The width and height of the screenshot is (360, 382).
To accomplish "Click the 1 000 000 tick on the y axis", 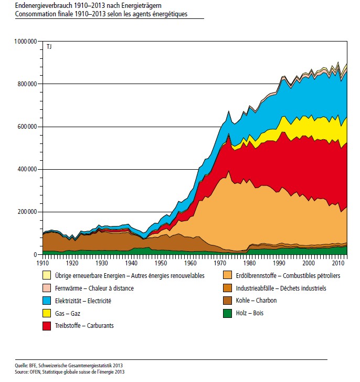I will (x=25, y=41).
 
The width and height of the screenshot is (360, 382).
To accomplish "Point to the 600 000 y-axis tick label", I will (x=27, y=127).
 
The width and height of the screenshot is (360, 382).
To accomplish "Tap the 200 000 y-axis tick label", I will (x=27, y=212).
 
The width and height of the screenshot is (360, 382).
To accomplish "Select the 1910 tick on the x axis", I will (x=43, y=262).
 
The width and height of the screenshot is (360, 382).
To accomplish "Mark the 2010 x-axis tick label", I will (x=339, y=262).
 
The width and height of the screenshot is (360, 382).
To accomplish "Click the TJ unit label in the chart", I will (x=49, y=47).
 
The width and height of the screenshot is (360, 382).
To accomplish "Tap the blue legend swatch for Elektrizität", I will (x=47, y=301).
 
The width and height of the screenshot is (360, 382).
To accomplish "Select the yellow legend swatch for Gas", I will (x=47, y=314).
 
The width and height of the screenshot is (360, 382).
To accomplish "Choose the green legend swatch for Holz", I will (x=228, y=314).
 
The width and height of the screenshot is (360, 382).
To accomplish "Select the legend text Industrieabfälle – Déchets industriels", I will (x=281, y=288).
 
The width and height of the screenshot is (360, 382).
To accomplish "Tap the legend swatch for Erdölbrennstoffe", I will (x=228, y=275).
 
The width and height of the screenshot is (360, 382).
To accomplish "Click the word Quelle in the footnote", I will (x=22, y=365).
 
